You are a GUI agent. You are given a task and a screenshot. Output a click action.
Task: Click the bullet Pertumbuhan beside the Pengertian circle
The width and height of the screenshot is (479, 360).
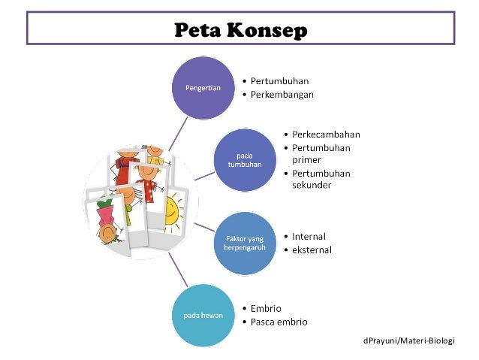[280, 81]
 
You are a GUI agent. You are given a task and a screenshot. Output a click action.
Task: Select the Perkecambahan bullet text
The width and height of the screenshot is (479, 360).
[326, 135]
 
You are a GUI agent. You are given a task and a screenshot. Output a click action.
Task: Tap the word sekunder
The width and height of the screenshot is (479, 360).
[312, 186]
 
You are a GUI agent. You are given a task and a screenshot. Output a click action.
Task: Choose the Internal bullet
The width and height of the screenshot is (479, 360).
[309, 236]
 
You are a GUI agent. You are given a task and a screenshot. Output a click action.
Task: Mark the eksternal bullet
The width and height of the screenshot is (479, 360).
[312, 250]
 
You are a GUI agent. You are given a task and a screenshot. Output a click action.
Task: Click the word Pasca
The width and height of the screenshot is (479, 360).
[267, 322]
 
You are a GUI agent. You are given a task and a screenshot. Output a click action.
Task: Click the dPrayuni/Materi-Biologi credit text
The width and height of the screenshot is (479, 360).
[408, 340]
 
